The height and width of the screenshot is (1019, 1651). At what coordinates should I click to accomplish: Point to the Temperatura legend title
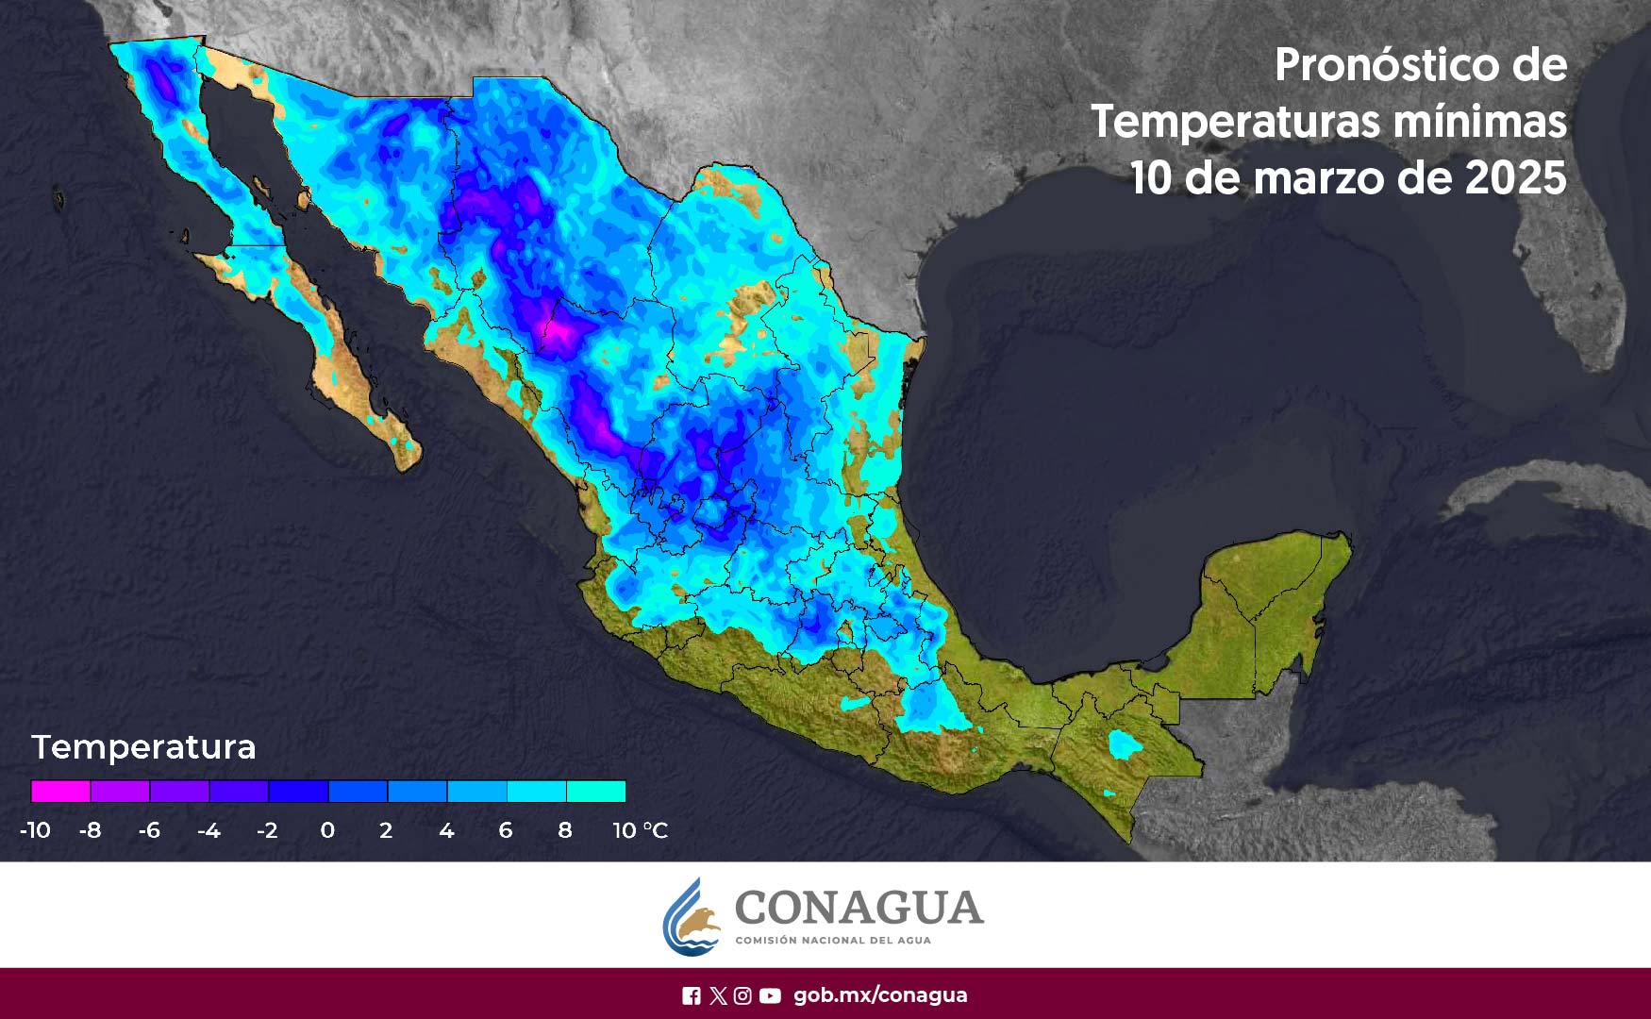point(143,747)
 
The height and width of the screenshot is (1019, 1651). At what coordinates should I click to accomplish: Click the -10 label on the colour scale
point(35,830)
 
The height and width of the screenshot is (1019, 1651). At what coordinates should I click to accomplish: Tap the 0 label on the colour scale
point(327,830)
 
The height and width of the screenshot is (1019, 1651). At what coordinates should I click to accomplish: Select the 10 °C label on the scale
point(640,830)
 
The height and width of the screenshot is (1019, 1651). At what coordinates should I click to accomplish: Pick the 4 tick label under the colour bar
point(446,830)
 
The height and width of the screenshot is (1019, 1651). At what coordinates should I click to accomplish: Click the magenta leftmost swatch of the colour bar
point(60,791)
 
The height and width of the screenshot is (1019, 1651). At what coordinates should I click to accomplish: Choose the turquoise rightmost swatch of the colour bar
point(596,791)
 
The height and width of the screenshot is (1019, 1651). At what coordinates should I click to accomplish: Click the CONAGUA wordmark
point(859,908)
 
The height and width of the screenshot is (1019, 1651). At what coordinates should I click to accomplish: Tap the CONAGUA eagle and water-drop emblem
point(692,917)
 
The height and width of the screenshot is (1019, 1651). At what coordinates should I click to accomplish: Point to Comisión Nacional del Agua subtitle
point(832,941)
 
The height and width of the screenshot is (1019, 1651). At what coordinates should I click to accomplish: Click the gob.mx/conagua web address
point(880,995)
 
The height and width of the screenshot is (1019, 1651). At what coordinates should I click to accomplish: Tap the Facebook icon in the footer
point(692,995)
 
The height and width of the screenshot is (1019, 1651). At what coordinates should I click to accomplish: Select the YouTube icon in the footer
point(770,995)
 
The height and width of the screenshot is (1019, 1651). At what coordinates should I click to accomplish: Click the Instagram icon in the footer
point(743,995)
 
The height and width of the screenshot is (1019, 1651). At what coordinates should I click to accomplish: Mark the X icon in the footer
point(718,995)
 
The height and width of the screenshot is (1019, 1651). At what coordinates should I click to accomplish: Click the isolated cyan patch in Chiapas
point(1124,744)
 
